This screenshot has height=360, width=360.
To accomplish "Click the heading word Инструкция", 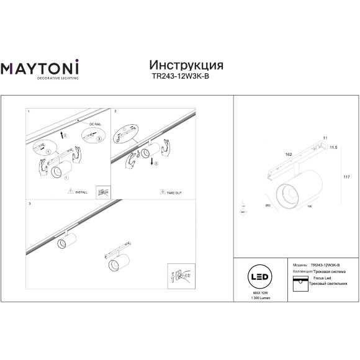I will (187, 66).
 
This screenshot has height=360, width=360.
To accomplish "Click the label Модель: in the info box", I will (299, 265).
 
